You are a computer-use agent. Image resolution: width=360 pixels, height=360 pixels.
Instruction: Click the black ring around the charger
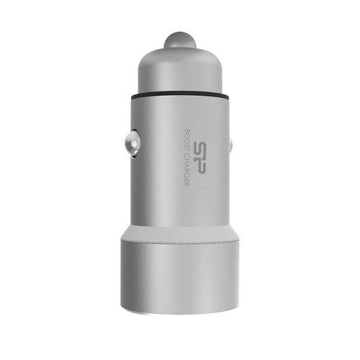pos(180,97)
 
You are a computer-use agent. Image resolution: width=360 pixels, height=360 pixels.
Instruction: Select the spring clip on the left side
pos(132,143)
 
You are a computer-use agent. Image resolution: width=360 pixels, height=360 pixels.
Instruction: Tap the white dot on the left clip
pos(134,145)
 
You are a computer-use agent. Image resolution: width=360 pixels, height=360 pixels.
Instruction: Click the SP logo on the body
pos(199,157)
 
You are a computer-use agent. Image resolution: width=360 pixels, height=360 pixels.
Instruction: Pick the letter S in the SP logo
pos(199,149)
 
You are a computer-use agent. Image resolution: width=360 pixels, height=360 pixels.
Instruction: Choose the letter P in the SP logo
pos(199,166)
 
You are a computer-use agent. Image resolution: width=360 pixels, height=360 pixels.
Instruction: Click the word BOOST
pos(187,140)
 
